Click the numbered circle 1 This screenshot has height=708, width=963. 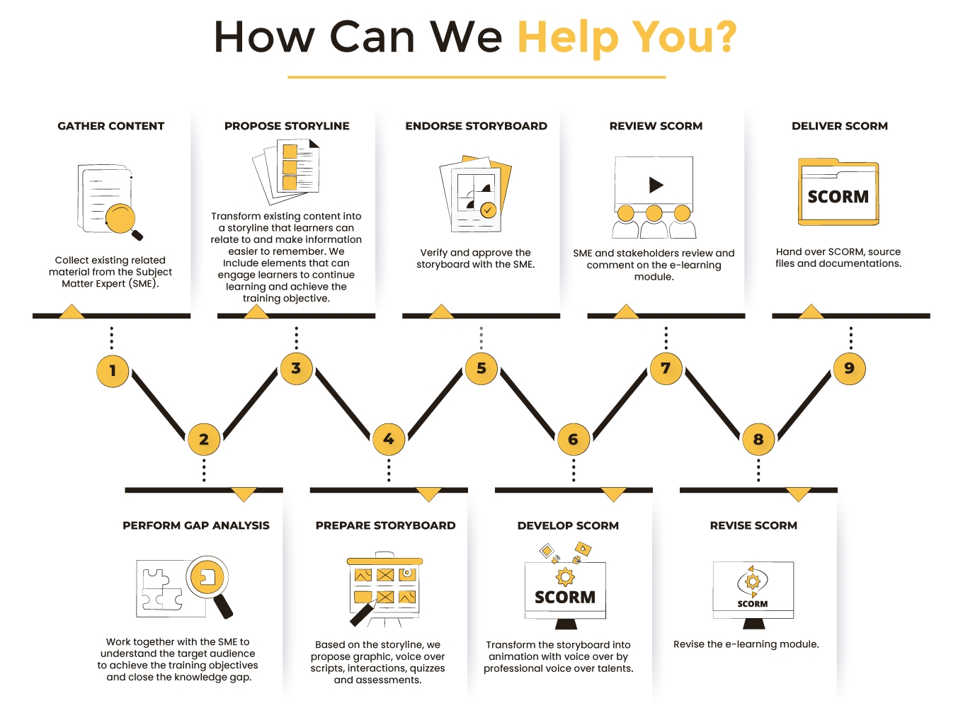click(x=113, y=370)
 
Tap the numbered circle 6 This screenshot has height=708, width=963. click(x=573, y=439)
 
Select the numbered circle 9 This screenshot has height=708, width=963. click(x=849, y=368)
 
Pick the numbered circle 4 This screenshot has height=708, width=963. click(x=389, y=439)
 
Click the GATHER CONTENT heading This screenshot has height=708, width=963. click(x=111, y=126)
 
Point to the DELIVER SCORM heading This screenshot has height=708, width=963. click(x=840, y=126)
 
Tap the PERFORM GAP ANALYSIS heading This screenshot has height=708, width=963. click(x=196, y=525)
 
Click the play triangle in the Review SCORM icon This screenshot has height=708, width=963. click(x=656, y=185)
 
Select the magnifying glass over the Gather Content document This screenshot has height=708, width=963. click(x=124, y=221)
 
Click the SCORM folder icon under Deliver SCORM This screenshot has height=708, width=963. click(x=838, y=192)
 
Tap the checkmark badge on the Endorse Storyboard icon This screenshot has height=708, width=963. click(x=488, y=210)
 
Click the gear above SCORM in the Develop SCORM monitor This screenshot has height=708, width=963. click(x=565, y=577)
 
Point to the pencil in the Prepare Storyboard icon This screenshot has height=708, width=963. click(x=363, y=613)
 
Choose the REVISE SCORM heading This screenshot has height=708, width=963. click(x=753, y=525)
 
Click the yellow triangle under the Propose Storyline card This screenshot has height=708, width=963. click(x=256, y=312)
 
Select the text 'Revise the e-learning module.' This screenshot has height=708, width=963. click(x=746, y=644)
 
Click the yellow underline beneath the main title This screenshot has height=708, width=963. click(x=477, y=77)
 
